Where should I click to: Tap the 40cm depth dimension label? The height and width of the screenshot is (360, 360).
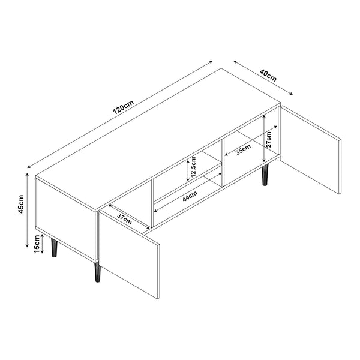[268, 76]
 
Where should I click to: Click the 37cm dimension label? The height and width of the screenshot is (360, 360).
[125, 219]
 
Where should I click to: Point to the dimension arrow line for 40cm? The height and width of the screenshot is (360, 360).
[262, 77]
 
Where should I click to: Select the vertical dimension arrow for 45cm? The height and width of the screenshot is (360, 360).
[28, 210]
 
